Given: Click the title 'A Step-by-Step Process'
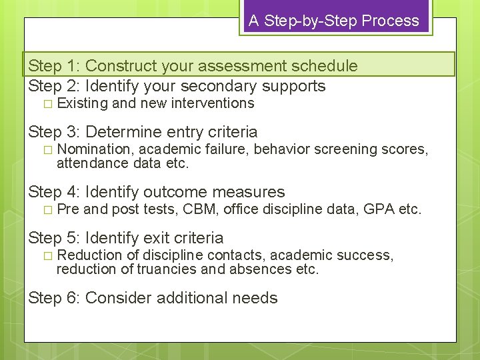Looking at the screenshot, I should coord(334,21).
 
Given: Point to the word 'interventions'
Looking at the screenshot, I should coord(213,103).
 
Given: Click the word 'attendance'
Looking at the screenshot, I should coord(89,162).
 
